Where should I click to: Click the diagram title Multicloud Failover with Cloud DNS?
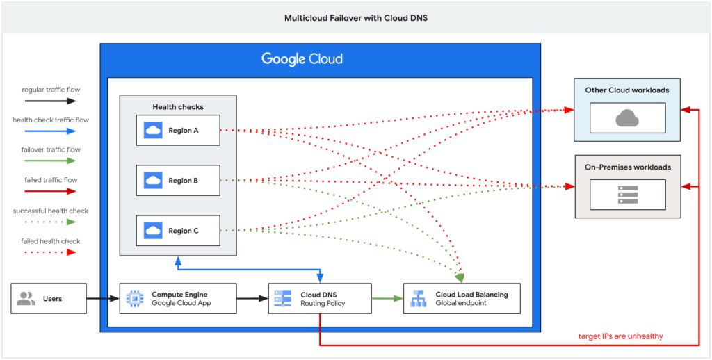[355, 17]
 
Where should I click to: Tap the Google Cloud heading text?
[302, 59]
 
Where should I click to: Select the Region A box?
[177, 130]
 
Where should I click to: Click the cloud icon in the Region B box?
[153, 181]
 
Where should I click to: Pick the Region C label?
[183, 231]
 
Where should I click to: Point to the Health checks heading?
[178, 107]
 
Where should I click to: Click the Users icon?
[26, 299]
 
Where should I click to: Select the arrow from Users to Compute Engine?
[103, 299]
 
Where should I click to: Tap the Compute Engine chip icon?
[134, 299]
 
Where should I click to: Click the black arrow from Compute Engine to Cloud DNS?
[252, 299]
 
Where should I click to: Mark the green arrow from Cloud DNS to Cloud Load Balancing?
[387, 299]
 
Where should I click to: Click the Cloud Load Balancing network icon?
[418, 299]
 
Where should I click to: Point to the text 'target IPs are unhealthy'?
[620, 336]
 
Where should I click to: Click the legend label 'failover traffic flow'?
[51, 149]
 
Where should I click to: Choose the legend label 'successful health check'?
[51, 211]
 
